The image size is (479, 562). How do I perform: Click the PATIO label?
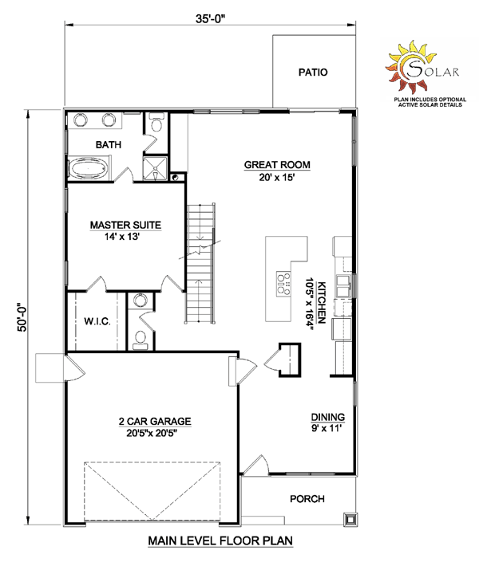[313, 73]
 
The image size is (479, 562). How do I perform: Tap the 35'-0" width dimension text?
[212, 18]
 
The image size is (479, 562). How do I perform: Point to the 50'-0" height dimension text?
[22, 317]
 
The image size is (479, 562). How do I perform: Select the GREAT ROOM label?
[277, 165]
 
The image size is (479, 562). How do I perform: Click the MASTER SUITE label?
[125, 225]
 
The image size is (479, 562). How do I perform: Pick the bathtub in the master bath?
[88, 167]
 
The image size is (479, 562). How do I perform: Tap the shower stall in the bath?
[155, 168]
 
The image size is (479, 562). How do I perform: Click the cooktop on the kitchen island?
[283, 284]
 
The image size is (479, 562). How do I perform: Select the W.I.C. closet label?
[97, 321]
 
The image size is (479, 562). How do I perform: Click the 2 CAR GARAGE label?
[155, 421]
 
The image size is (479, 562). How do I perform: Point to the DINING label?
[327, 417]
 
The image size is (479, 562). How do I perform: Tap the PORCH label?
[307, 499]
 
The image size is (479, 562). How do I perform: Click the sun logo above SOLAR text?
[410, 67]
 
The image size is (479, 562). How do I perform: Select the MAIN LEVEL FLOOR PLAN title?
[220, 540]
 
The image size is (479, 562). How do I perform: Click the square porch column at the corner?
[350, 519]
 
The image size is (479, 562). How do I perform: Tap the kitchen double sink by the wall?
[343, 286]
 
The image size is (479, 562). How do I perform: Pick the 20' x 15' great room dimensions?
[277, 177]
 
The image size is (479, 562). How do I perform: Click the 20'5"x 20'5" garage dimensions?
[152, 433]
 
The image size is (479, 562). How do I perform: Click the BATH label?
[108, 145]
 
